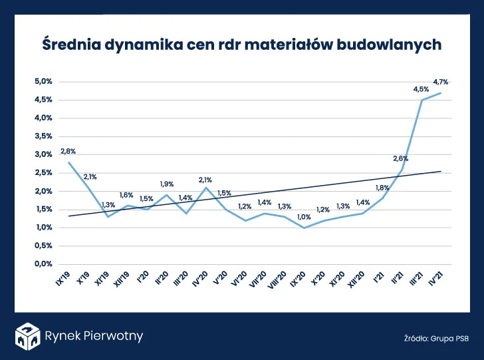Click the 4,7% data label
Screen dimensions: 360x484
pos(440,83)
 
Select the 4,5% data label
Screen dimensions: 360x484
pos(421,89)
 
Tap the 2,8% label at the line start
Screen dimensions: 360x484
pos(67,152)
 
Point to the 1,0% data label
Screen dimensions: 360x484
pos(304,217)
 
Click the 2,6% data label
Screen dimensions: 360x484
pos(400,158)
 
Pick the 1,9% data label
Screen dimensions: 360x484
pos(167,184)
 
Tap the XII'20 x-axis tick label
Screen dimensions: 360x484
pos(358,279)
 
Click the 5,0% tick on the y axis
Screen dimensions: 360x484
pos(43,82)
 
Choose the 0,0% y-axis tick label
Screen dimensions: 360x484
pos(43,264)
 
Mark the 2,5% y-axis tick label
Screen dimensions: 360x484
pos(43,173)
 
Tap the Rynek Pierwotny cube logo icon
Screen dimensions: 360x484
pos(27,336)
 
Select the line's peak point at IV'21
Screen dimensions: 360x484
pos(440,93)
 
